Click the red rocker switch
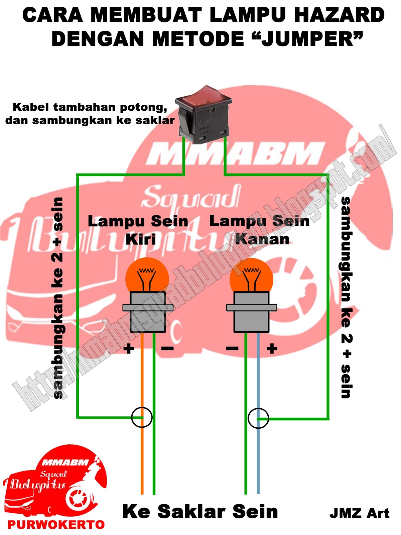coord(203,114)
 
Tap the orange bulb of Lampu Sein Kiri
coord(147,276)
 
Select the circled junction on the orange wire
coord(142,417)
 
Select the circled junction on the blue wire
coord(258,418)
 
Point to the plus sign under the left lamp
coord(129,349)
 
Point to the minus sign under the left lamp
coord(167,349)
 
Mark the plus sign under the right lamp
coord(272,349)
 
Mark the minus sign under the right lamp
coord(232,349)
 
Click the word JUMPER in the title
coord(307,39)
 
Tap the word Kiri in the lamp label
coord(141,239)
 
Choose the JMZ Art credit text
coord(359,513)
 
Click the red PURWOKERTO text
coord(56,524)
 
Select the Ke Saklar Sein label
coord(200,512)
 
